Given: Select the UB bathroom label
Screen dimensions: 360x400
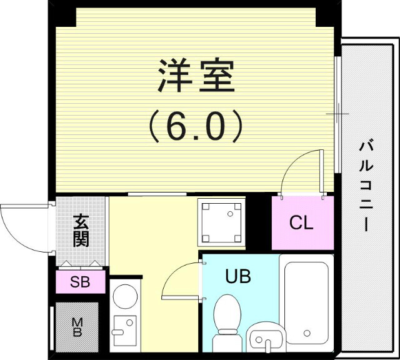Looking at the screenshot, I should (237, 276).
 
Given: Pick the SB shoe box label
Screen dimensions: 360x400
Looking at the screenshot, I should (79, 282).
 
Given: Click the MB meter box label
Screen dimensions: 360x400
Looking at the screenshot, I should (77, 327).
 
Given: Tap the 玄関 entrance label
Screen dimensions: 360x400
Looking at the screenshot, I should (81, 231).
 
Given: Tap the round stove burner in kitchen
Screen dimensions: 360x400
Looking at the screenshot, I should (126, 297).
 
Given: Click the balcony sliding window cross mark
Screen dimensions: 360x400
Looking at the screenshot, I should (338, 114).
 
